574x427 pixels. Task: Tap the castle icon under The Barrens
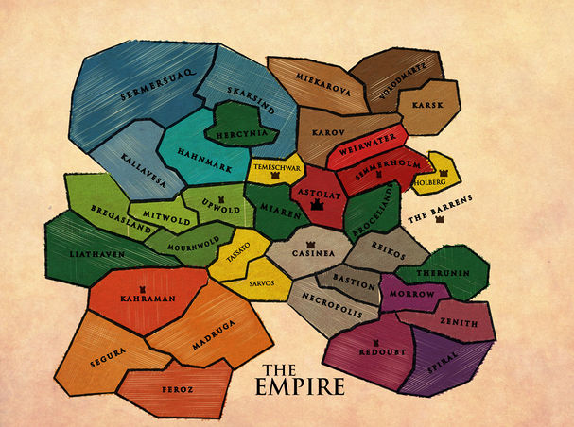(x=440, y=221)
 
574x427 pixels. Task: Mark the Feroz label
(x=178, y=388)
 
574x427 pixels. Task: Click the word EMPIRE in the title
(x=300, y=387)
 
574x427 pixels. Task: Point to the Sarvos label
(x=261, y=282)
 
